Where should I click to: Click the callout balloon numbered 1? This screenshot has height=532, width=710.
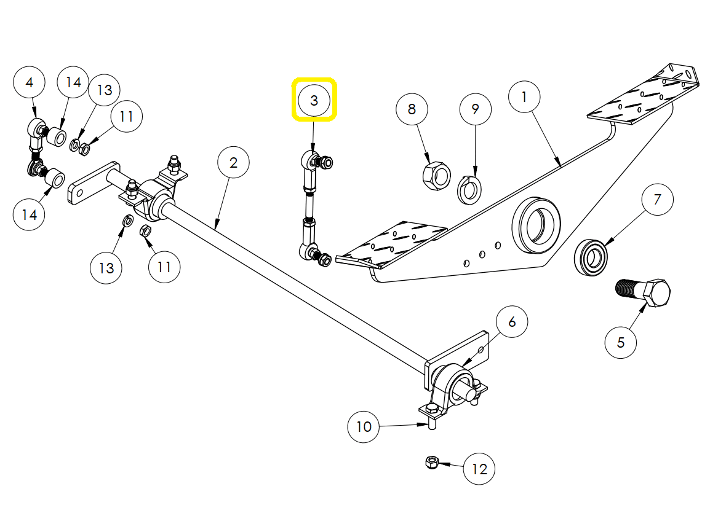point(524,97)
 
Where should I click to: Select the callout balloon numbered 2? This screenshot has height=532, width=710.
point(233,163)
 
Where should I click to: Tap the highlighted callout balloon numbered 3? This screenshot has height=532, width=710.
point(314,100)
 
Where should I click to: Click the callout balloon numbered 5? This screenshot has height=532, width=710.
point(620,342)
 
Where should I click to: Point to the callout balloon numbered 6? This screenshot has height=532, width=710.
point(511,321)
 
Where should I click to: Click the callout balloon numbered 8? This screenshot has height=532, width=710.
point(412,109)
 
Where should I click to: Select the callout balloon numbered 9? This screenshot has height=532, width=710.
point(475,109)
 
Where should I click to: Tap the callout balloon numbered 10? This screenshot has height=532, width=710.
point(364,426)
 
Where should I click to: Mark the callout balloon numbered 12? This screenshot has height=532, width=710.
point(479,469)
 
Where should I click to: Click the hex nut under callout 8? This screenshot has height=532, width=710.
point(434,175)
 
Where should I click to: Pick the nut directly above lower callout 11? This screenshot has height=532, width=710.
point(146,232)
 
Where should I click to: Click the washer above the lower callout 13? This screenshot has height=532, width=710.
point(126,221)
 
